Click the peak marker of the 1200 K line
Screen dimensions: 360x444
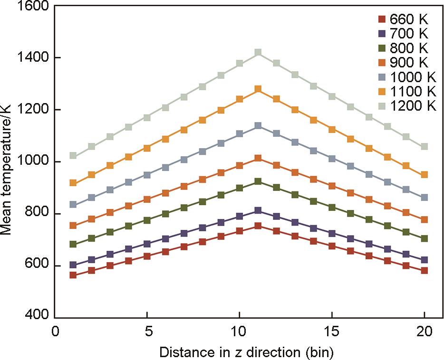[x=258, y=52]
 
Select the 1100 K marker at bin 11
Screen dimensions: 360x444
[x=258, y=89]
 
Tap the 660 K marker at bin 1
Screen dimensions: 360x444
[x=73, y=275]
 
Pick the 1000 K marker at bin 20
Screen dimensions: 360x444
[x=425, y=197]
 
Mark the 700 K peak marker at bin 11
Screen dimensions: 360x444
[x=258, y=210]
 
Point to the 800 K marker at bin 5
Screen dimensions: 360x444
[x=147, y=220]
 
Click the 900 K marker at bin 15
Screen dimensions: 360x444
[x=332, y=186]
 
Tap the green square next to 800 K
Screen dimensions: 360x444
[x=381, y=48]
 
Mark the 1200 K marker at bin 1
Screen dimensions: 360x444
[x=73, y=155]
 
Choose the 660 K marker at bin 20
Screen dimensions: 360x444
[x=425, y=270]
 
